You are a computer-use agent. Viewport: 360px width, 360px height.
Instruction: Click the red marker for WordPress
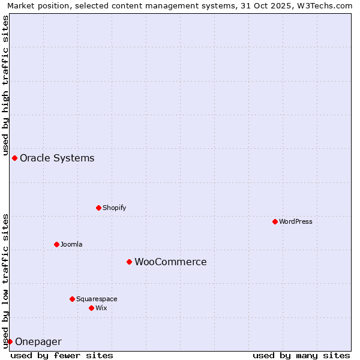(275, 221)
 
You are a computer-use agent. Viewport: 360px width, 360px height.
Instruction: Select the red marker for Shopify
(98, 208)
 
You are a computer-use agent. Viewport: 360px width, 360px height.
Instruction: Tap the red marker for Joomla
(56, 244)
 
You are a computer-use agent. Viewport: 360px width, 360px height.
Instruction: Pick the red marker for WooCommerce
(129, 262)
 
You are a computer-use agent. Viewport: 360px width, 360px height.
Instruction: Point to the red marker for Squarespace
(72, 299)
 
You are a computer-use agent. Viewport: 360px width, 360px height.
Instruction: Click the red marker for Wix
(91, 308)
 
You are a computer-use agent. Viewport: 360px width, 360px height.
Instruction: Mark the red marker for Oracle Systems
(14, 158)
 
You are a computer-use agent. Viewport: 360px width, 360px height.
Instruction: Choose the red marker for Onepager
(10, 341)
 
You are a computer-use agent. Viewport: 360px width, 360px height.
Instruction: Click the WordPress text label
(296, 221)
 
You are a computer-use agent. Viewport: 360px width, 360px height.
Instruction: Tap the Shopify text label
(114, 208)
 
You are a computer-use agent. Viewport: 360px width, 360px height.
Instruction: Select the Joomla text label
(71, 244)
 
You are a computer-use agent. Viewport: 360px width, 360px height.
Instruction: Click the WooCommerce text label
(170, 262)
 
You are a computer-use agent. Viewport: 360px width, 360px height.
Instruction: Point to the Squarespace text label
(97, 299)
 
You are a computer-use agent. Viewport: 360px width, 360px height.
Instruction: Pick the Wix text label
(101, 308)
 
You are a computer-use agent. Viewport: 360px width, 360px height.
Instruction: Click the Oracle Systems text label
(57, 158)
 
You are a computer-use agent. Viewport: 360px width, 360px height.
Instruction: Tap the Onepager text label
(38, 342)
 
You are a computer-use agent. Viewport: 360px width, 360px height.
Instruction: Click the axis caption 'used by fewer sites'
(62, 355)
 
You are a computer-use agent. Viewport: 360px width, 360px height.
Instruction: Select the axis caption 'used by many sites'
(301, 355)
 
